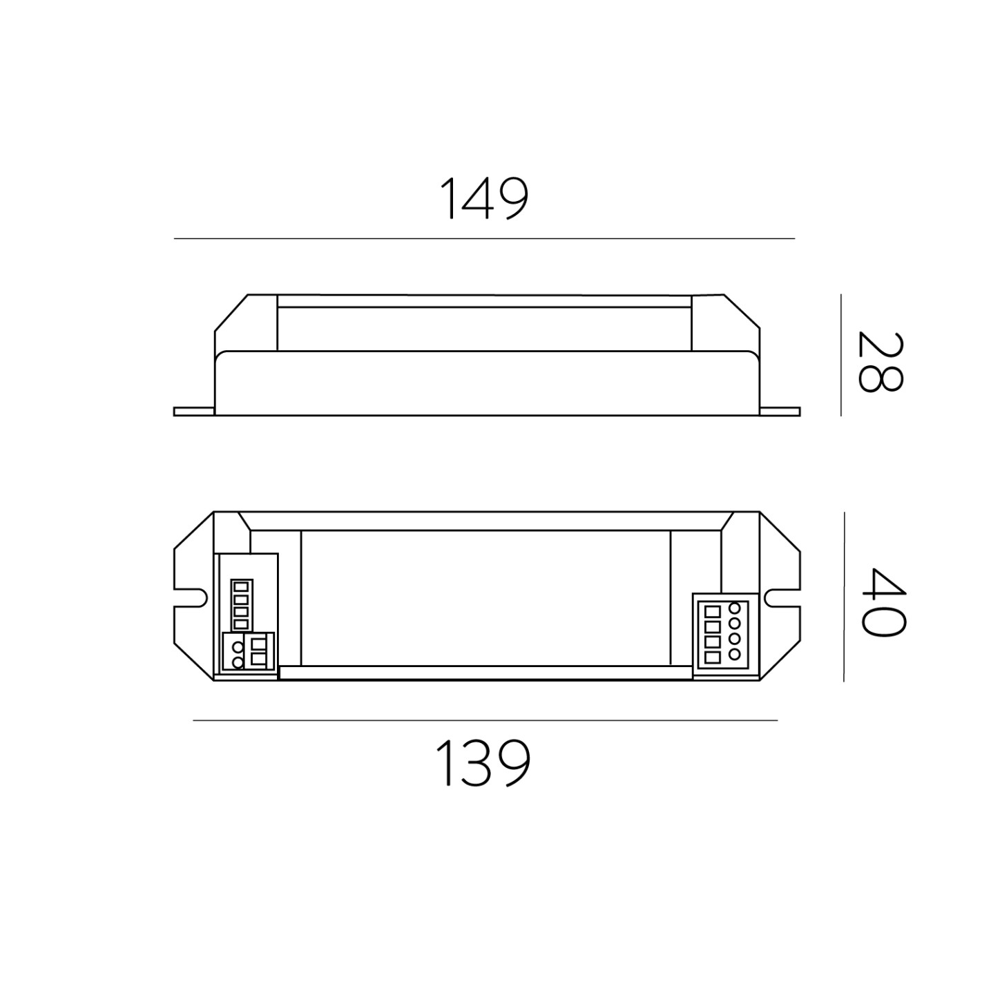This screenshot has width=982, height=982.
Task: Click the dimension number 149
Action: (x=483, y=198)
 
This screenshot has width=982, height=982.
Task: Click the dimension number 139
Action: (x=483, y=763)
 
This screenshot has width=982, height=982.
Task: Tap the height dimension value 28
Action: (x=880, y=362)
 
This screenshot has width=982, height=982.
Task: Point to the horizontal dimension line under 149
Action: (x=484, y=238)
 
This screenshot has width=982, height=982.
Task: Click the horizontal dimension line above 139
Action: (x=485, y=720)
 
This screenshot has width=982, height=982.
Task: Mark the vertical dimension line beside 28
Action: (x=841, y=355)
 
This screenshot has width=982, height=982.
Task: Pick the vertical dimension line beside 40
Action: (x=844, y=597)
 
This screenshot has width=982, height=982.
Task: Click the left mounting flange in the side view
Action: (x=194, y=412)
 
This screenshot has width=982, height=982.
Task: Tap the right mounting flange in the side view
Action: (x=780, y=412)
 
